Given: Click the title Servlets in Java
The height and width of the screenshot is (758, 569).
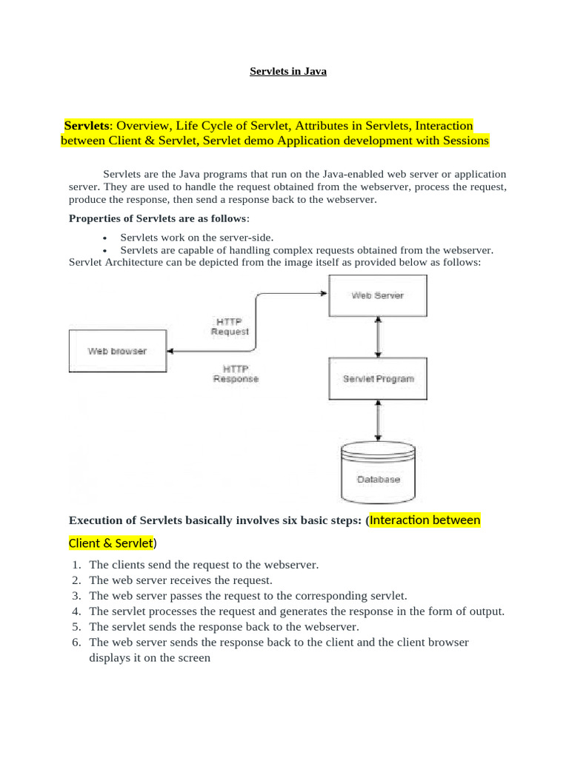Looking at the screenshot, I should (x=287, y=72).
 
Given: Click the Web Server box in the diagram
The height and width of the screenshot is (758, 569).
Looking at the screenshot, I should (x=378, y=295).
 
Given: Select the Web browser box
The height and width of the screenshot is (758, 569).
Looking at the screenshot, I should (x=117, y=351).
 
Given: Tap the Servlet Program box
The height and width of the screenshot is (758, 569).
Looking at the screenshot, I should (x=378, y=379).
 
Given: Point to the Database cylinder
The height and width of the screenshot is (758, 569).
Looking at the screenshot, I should (x=378, y=474).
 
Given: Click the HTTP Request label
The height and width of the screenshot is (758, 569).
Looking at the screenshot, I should (x=230, y=326).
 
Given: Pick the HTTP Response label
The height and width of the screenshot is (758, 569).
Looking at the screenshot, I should (x=236, y=373).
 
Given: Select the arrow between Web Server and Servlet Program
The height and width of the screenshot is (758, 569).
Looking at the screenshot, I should (x=379, y=337).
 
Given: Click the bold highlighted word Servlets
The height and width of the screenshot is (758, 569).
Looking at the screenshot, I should (x=87, y=126).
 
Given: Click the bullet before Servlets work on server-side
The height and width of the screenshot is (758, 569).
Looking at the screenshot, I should (x=105, y=238).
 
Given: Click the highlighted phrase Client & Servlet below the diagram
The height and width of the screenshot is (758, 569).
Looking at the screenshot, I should (x=110, y=543).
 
